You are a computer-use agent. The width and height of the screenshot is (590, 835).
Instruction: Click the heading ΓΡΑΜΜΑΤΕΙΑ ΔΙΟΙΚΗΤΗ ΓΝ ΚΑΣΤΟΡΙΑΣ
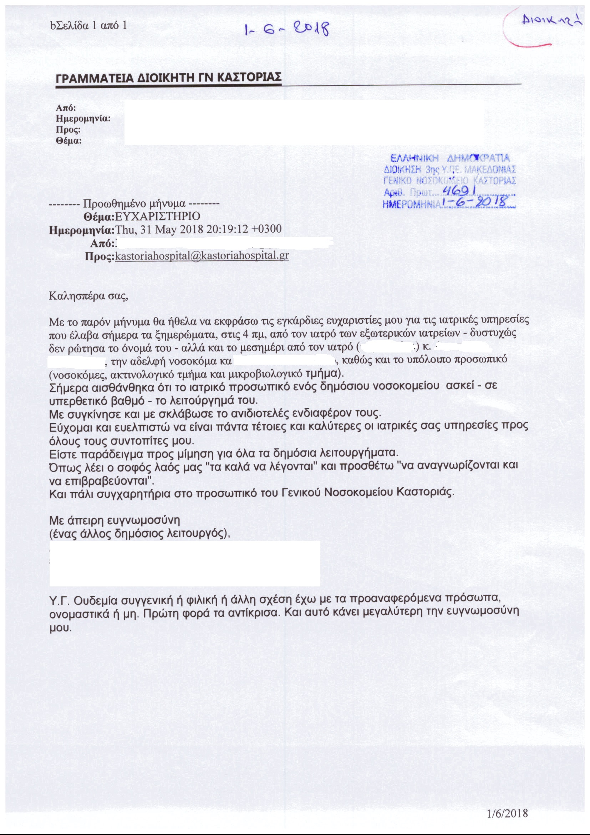click(x=169, y=78)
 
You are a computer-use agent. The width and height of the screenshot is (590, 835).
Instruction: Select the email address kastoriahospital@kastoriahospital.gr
click(x=202, y=255)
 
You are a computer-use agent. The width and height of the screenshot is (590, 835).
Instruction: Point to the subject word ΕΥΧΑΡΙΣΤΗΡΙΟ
click(x=157, y=216)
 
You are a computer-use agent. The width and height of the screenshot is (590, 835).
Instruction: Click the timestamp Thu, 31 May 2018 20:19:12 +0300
click(x=198, y=230)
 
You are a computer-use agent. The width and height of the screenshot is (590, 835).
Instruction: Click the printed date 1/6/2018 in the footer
click(x=507, y=814)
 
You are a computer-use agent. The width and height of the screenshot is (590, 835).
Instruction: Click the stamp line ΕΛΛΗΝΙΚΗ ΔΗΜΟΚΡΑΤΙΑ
click(x=450, y=159)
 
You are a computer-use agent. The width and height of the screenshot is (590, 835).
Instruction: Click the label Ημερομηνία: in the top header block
click(x=83, y=119)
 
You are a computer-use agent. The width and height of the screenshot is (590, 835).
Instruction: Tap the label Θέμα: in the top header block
click(x=68, y=141)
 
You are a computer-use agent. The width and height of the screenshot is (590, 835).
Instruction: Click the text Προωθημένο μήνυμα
click(x=134, y=203)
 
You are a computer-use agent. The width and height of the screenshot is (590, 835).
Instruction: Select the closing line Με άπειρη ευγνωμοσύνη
click(x=115, y=520)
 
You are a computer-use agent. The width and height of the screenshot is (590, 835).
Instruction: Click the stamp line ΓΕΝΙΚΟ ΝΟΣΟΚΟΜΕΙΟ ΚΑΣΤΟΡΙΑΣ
click(x=450, y=180)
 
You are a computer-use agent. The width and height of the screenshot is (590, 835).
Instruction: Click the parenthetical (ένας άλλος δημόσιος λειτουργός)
click(x=140, y=534)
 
